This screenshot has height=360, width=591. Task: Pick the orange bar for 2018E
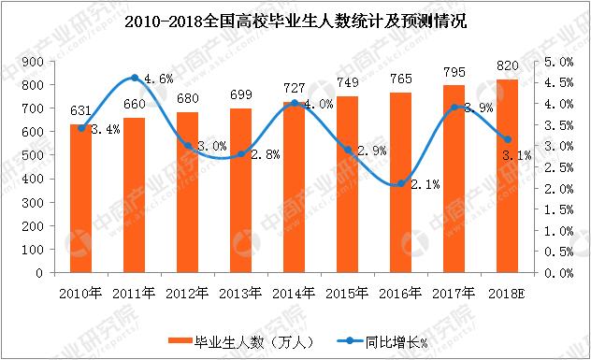click(x=506, y=177)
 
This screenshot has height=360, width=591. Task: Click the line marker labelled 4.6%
click(x=136, y=78)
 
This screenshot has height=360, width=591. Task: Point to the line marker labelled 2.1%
click(x=400, y=183)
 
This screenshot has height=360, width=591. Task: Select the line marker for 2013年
click(x=241, y=154)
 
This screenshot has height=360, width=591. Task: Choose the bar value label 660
click(x=136, y=104)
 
